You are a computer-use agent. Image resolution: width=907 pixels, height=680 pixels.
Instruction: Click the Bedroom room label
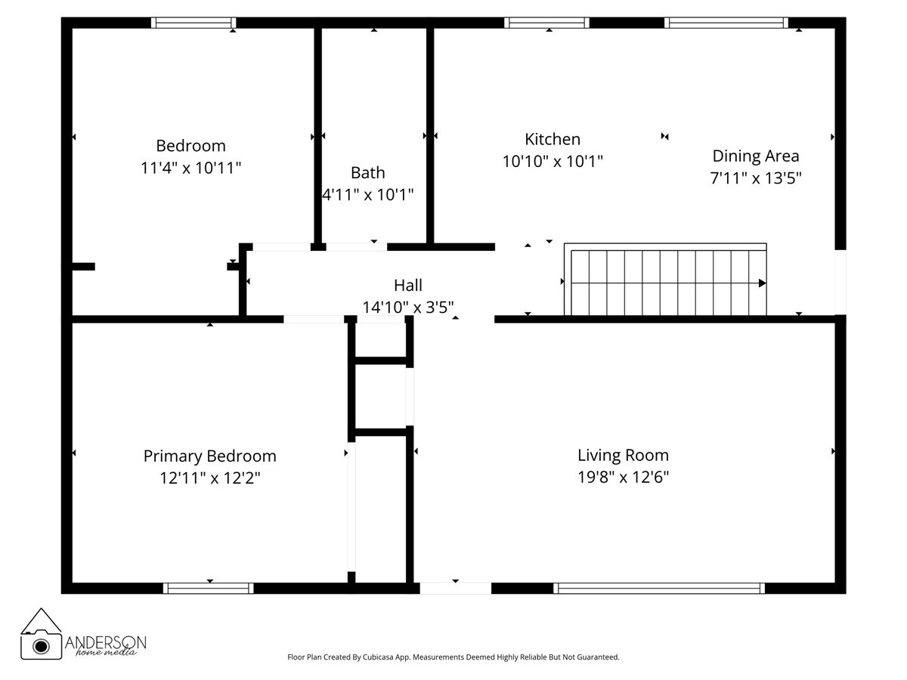(190, 145)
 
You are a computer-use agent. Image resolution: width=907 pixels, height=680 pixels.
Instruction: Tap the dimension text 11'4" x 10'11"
(190, 167)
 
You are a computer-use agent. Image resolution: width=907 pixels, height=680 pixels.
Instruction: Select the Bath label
(367, 172)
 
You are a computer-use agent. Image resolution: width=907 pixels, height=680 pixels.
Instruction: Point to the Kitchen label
(553, 139)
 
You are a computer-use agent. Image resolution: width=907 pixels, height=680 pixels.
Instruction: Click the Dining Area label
(755, 156)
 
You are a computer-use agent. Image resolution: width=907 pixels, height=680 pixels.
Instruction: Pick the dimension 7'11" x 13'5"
(755, 178)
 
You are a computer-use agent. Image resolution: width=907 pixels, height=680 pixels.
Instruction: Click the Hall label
(408, 285)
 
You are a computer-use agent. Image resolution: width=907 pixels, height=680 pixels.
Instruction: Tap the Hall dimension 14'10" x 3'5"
(408, 307)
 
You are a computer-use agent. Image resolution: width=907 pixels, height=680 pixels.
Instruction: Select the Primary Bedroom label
(209, 456)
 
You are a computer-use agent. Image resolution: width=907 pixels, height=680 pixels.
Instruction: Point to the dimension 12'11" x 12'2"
(209, 478)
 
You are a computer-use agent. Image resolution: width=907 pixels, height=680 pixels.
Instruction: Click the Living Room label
(623, 455)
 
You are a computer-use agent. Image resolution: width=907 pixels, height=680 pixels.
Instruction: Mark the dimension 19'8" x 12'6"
(623, 477)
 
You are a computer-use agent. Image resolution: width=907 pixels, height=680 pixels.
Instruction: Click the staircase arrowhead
(762, 283)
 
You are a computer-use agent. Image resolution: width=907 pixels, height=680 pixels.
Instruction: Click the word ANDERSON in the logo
(106, 641)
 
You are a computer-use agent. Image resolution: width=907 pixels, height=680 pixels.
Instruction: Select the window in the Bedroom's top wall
(193, 23)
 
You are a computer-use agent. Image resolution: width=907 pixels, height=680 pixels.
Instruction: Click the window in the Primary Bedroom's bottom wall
(209, 588)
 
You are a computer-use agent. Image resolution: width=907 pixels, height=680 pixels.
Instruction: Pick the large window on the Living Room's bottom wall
(659, 588)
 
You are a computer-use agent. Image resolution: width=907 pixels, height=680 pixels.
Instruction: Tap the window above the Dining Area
(726, 23)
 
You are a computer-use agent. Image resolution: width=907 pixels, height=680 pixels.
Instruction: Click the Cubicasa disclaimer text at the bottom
(453, 657)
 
